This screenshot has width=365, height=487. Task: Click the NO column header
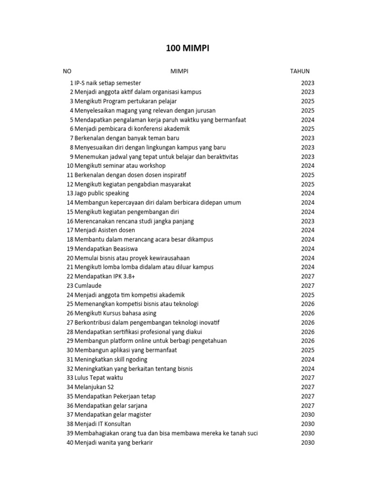(67, 71)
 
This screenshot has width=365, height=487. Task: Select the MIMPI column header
(180, 71)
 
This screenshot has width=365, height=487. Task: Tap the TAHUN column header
(300, 71)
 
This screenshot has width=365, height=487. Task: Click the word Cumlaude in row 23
(88, 286)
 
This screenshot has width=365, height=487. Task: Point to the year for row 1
(307, 83)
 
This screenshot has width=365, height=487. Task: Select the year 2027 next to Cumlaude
(307, 286)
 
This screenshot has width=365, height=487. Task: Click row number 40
(70, 443)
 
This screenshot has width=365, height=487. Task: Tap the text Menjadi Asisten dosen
(105, 231)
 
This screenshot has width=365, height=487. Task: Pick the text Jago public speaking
(102, 194)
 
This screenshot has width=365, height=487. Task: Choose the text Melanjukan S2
(94, 387)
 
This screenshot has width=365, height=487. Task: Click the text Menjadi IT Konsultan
(103, 424)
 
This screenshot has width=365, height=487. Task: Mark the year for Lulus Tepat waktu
(307, 378)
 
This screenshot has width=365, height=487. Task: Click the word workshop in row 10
(150, 166)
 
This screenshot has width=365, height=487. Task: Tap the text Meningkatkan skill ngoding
(111, 360)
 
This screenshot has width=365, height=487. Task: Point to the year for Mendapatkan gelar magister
(307, 415)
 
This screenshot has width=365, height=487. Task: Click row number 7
(71, 138)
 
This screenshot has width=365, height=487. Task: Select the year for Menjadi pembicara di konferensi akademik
(307, 129)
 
